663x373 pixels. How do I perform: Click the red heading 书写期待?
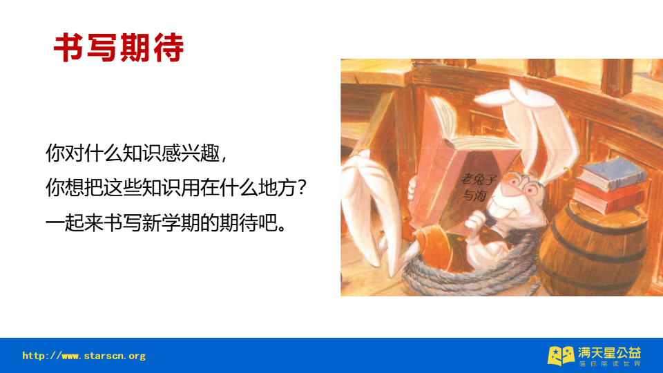[119, 47]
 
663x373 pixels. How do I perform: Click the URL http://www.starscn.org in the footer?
[84, 356]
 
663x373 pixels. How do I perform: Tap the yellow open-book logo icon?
[560, 355]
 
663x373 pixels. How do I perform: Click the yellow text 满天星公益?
[610, 352]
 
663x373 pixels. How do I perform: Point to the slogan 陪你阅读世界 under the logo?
[610, 363]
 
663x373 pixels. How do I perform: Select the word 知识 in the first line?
[135, 153]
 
